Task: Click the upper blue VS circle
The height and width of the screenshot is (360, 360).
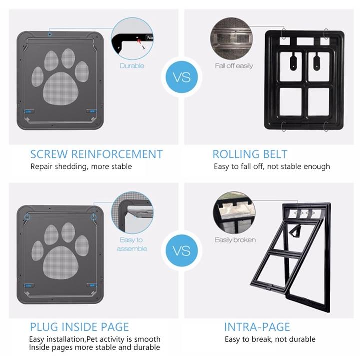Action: point(180,78)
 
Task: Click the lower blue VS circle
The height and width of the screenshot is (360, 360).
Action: point(180,249)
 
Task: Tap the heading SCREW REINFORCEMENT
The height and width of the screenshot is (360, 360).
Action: point(96,154)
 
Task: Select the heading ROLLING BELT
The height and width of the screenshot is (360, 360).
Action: point(250,154)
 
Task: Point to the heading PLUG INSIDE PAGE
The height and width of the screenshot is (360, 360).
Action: point(79,327)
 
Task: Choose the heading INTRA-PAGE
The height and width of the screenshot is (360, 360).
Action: point(257,327)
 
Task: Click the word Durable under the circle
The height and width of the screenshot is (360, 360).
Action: point(132,66)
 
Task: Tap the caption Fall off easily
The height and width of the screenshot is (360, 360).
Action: point(234,66)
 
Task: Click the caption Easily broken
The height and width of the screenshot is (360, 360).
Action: point(235,240)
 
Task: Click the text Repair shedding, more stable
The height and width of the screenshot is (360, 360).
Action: point(81,166)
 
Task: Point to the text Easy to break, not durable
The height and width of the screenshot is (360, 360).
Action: point(270,339)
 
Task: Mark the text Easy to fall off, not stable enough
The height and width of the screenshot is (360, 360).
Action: point(272,166)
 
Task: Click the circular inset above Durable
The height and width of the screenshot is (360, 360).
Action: point(132,38)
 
